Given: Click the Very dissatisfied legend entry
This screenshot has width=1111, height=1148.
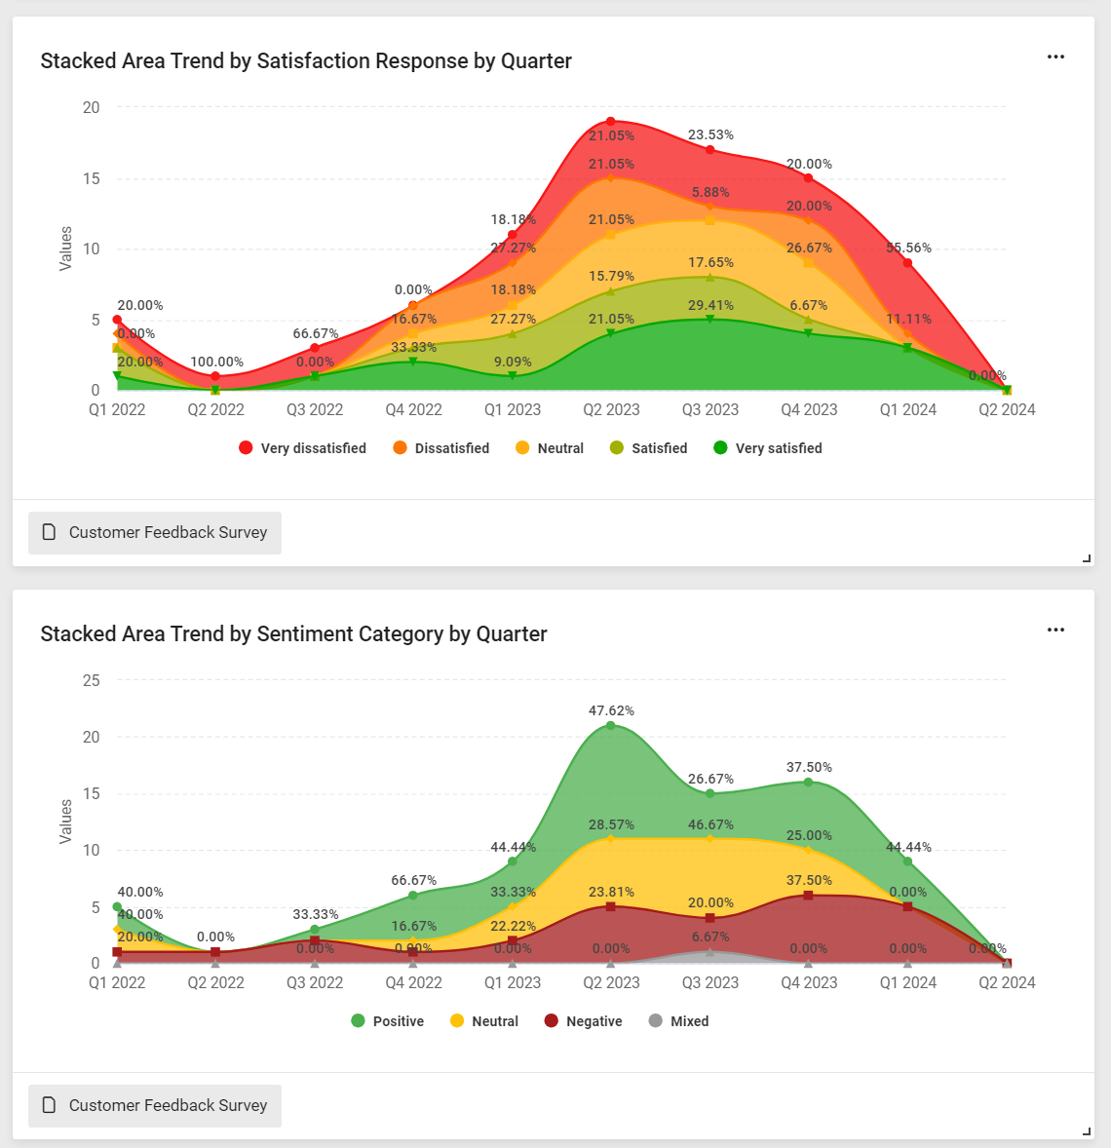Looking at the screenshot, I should (302, 448).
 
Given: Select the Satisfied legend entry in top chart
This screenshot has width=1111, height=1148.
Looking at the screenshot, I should (649, 448).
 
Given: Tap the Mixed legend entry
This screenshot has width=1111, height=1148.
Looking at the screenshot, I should (679, 1021).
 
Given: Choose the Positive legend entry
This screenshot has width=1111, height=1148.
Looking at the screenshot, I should (388, 1021).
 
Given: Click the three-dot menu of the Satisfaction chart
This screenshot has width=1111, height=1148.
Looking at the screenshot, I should (1055, 57).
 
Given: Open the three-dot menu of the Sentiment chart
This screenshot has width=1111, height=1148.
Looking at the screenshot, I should (1055, 631).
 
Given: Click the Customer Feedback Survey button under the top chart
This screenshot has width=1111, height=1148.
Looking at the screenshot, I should (155, 533).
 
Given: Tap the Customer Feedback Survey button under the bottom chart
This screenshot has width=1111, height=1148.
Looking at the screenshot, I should (155, 1106).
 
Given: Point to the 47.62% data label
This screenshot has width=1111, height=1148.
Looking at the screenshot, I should (611, 711).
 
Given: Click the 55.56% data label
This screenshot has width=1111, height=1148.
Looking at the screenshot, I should (908, 249).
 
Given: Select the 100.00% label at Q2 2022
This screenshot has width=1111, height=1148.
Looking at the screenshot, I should (217, 363).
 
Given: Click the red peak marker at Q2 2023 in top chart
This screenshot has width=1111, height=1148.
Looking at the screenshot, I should (611, 122).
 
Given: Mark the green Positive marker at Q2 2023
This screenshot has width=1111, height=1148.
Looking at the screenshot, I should (611, 725).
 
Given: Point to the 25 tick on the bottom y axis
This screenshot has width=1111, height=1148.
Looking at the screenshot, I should (92, 680).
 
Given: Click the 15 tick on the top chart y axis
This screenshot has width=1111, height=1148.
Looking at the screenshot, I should (92, 178).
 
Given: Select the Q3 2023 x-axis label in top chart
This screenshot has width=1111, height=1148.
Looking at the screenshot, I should (709, 410).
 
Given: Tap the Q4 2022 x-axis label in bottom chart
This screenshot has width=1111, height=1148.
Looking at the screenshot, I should (413, 983).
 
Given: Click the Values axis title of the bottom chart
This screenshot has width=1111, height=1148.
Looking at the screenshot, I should (66, 822).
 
